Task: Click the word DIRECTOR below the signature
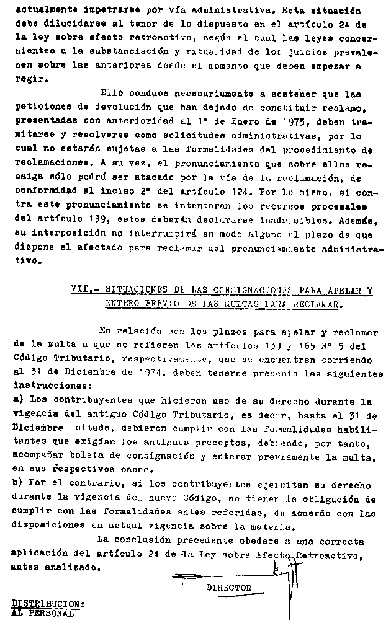click(229, 588)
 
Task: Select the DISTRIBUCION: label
click(48, 603)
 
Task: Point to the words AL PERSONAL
click(42, 613)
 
